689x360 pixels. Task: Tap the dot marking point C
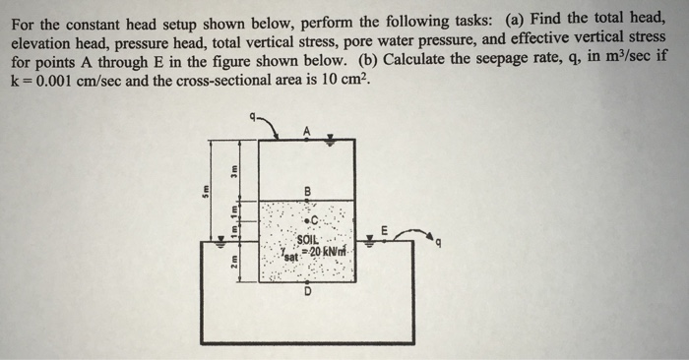point(311,219)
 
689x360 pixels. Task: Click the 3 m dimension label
point(233,169)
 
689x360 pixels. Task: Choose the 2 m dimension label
point(233,264)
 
